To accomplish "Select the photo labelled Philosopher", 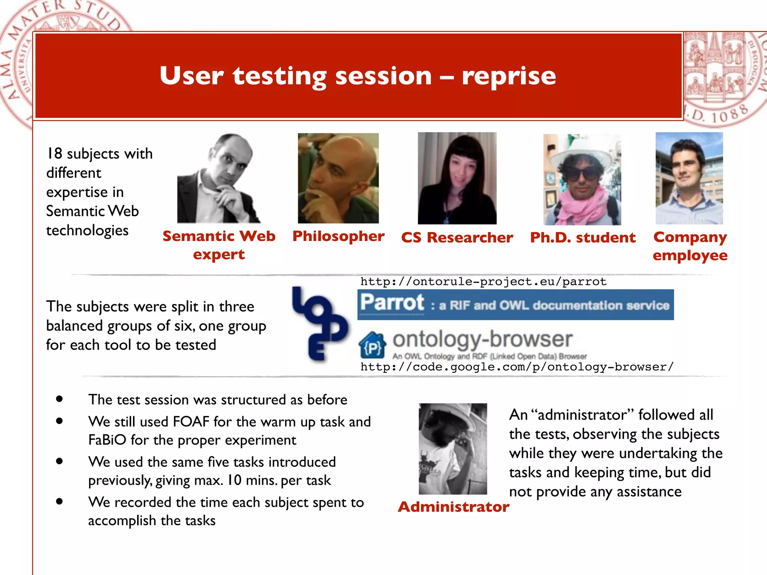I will coord(338,178).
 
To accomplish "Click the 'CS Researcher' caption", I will coord(457,237).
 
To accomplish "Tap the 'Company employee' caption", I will coord(690,246).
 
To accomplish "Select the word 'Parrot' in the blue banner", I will coord(392,302).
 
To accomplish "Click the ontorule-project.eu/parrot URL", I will coord(483,282).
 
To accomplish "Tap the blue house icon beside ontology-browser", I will coord(372,345).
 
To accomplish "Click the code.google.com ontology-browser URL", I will coord(517,367).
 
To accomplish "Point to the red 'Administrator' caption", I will coord(453,506).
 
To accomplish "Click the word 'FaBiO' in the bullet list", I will coord(107,440).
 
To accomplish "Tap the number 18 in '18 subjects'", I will coord(54,153).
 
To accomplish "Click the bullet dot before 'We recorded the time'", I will coord(59,502).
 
